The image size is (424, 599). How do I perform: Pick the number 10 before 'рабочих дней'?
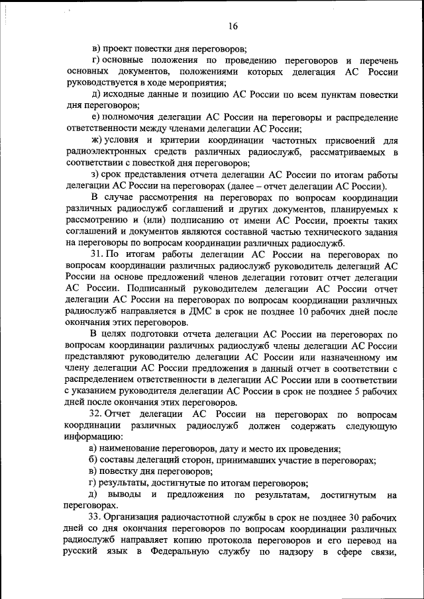coord(304,311)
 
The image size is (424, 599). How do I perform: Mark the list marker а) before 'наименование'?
coord(95,448)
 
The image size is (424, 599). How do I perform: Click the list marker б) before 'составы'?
coord(95,460)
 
